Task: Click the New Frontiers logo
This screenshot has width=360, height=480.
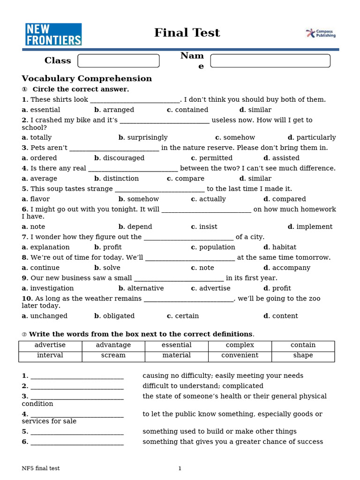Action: pyautogui.click(x=53, y=34)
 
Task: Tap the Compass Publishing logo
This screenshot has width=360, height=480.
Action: pyautogui.click(x=321, y=33)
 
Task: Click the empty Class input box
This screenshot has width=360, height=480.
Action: pyautogui.click(x=118, y=61)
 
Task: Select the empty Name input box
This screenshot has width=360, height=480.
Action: pyautogui.click(x=270, y=61)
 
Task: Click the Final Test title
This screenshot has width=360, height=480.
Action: pyautogui.click(x=187, y=33)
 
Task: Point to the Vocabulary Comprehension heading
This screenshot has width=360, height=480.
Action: pyautogui.click(x=87, y=78)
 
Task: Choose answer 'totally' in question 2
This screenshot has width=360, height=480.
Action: pyautogui.click(x=40, y=137)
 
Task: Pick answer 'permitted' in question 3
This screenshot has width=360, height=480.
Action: pyautogui.click(x=215, y=158)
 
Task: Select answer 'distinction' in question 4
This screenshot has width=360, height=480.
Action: pyautogui.click(x=120, y=179)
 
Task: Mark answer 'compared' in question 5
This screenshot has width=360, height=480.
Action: pyautogui.click(x=288, y=199)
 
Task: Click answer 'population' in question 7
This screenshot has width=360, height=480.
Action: pyautogui.click(x=217, y=247)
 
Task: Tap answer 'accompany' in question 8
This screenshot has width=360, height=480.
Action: pyautogui.click(x=291, y=268)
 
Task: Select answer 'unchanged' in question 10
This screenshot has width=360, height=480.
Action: pyautogui.click(x=48, y=316)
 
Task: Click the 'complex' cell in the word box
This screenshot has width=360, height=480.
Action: pyautogui.click(x=240, y=345)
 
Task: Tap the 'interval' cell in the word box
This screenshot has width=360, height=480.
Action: pyautogui.click(x=50, y=355)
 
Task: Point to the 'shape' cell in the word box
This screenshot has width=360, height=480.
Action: pyautogui.click(x=303, y=355)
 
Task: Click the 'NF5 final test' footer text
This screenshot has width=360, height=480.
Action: pyautogui.click(x=41, y=468)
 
